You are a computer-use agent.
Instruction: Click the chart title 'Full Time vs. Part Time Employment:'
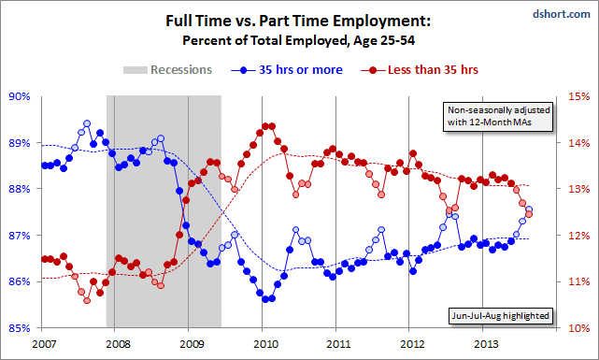[x=298, y=20]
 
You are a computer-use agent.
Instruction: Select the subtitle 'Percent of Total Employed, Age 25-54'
[x=298, y=39]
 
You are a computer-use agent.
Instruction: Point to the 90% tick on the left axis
[x=20, y=96]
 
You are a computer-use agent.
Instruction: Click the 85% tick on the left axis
[x=20, y=328]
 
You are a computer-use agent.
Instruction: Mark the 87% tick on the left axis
[x=20, y=236]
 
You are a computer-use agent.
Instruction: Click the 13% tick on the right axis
[x=578, y=189]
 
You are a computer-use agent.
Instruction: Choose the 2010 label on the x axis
[x=262, y=343]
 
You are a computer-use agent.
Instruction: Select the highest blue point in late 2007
[x=87, y=123]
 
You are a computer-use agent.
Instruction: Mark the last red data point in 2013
[x=529, y=214]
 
